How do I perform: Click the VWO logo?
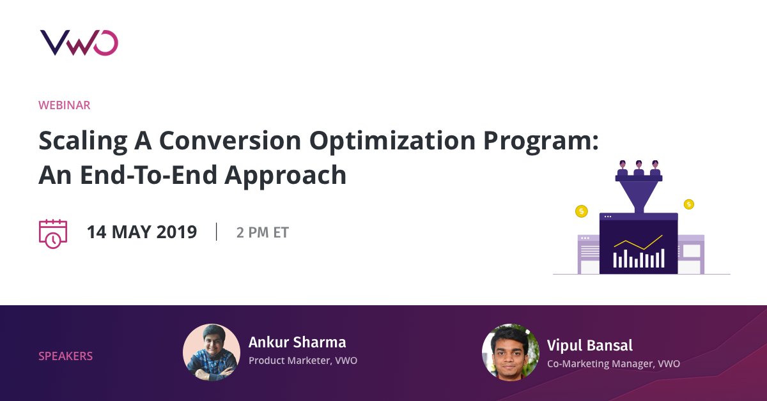(79, 43)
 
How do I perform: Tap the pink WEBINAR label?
(65, 105)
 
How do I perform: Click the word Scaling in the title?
(83, 142)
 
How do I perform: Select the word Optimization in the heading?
(392, 142)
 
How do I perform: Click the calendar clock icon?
(53, 234)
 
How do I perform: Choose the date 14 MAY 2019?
(142, 232)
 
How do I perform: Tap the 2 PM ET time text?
(263, 232)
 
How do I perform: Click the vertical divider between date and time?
(217, 232)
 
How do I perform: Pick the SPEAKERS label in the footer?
(65, 356)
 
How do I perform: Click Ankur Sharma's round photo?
(212, 352)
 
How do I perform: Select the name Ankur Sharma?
(297, 342)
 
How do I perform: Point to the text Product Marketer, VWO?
(303, 360)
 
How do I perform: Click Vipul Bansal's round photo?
(511, 352)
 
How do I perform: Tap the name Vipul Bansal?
(589, 345)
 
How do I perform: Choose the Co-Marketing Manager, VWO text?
(613, 363)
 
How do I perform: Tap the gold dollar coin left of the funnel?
(582, 211)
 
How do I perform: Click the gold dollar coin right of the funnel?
(689, 204)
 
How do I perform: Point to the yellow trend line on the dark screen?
(639, 243)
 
